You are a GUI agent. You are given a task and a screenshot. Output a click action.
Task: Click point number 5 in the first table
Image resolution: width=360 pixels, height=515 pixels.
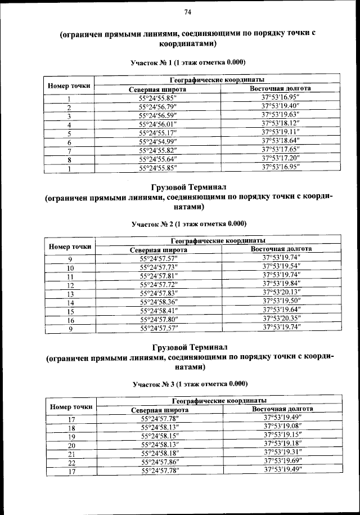(69, 133)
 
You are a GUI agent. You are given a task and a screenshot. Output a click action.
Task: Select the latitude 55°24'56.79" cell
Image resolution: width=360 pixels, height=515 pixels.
(158, 107)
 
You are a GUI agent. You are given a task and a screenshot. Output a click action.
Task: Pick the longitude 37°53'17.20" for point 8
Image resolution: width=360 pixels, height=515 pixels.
(281, 159)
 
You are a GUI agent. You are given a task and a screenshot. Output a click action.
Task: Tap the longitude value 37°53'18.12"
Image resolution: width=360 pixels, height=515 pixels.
(281, 124)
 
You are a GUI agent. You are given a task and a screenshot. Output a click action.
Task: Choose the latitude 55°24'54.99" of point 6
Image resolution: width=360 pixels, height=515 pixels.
(158, 142)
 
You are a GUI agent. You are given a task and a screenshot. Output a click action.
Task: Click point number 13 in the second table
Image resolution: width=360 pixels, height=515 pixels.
(70, 294)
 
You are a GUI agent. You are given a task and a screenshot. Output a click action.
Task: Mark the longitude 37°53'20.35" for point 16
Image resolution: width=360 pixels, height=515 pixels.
(282, 320)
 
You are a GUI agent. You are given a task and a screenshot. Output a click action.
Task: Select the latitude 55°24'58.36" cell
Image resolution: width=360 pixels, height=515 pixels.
(159, 303)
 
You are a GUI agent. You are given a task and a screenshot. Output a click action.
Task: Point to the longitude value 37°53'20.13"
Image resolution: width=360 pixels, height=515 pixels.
(282, 294)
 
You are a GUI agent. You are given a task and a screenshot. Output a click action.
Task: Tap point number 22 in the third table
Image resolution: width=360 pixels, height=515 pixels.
(71, 462)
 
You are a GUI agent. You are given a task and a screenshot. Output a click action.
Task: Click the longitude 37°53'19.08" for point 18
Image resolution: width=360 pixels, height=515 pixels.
(283, 427)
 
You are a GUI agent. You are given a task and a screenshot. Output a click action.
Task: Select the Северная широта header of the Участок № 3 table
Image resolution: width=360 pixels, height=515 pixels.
(160, 410)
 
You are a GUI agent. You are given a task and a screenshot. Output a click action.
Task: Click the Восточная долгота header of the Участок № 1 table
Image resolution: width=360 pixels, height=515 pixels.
(281, 89)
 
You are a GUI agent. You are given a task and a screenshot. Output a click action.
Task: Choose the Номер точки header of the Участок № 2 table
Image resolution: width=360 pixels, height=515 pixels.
(70, 246)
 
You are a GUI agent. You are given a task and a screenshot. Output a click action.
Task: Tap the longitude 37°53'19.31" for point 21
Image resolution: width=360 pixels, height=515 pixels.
(283, 453)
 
